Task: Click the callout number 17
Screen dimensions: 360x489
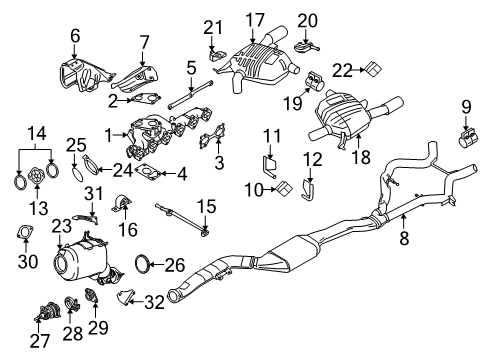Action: [255, 18]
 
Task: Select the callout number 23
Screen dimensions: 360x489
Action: [61, 227]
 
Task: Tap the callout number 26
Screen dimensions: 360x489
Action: [174, 265]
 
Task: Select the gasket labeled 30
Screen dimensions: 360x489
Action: [24, 235]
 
